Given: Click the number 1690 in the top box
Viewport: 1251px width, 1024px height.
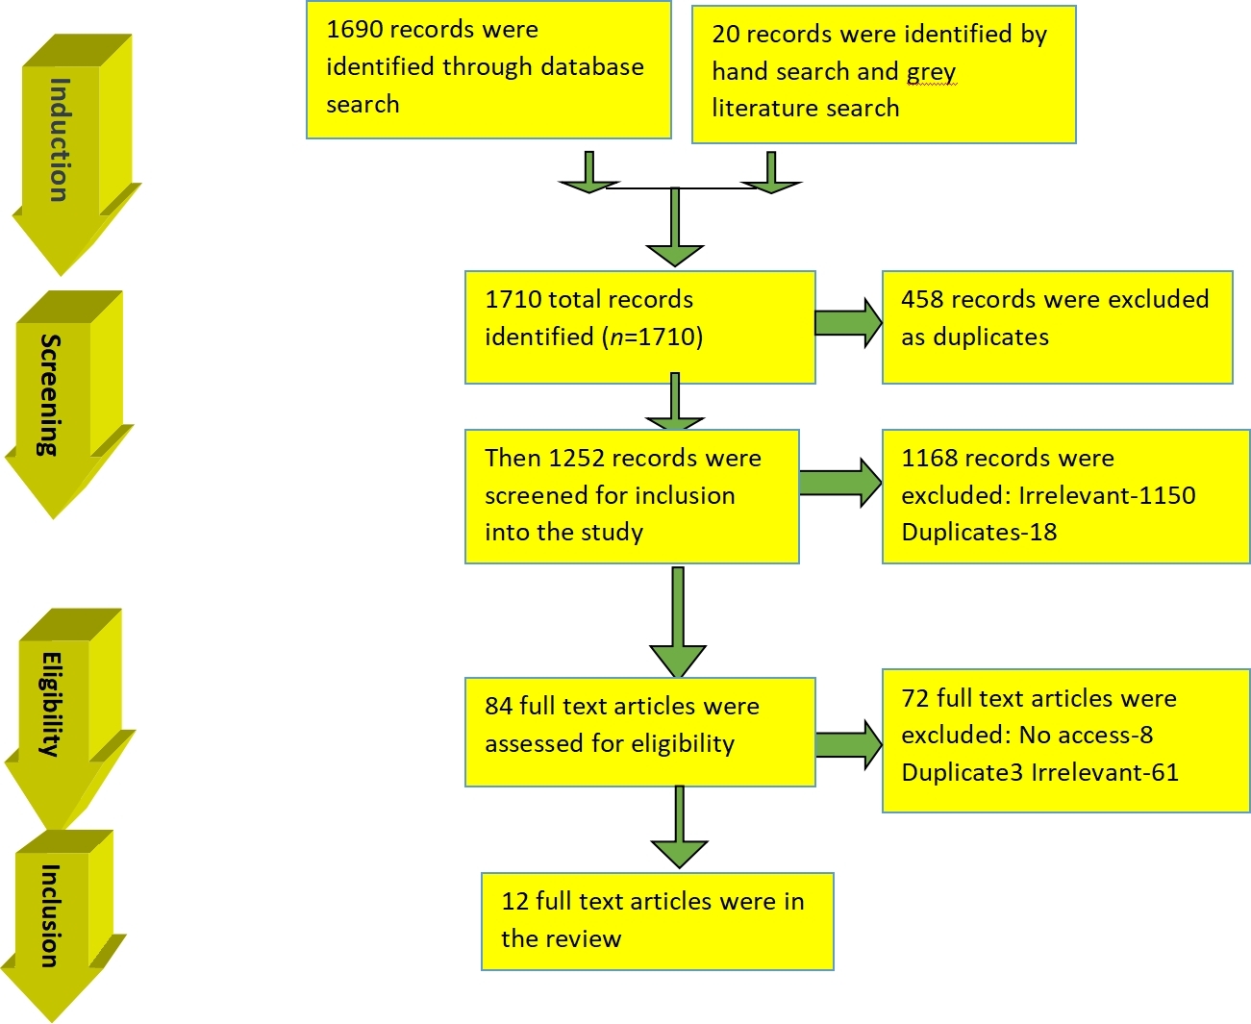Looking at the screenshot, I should tap(355, 30).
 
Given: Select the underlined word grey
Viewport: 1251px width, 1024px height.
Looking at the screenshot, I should tap(931, 72).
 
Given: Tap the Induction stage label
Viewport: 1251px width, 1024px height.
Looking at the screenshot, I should tap(60, 140).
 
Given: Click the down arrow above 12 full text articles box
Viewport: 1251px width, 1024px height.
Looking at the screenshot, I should tap(679, 827).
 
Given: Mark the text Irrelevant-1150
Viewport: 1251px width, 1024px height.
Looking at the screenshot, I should tap(1107, 495).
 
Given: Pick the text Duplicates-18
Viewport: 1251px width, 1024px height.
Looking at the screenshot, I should tap(979, 532).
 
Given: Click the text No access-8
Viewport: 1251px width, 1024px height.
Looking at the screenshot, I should tap(1086, 736).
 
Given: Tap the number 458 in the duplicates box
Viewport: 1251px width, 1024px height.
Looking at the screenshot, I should tap(922, 299).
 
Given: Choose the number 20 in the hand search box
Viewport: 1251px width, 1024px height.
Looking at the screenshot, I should tap(725, 35).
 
